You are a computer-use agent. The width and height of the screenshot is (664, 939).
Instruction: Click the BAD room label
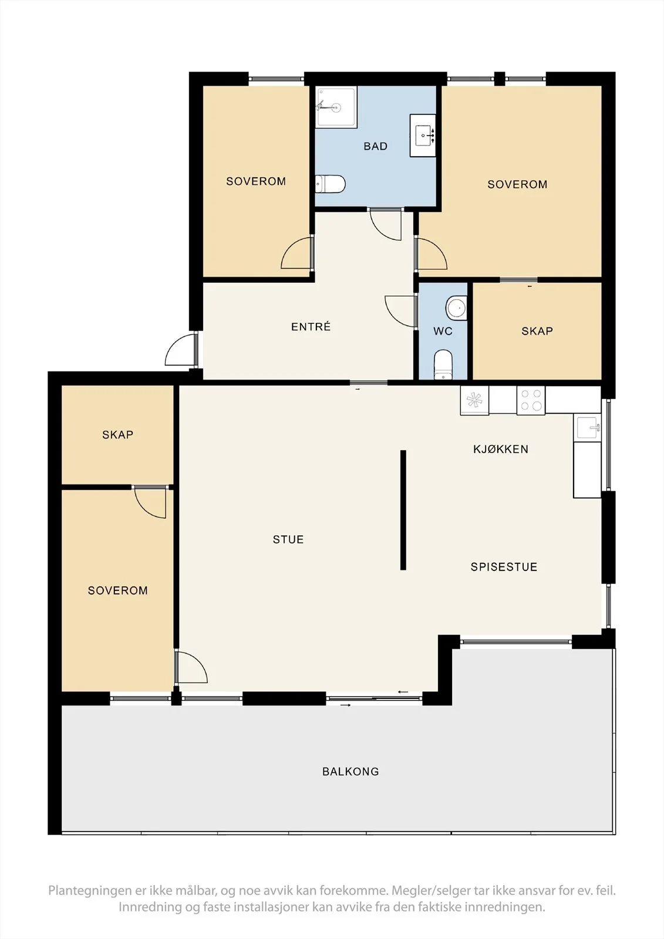click(375, 146)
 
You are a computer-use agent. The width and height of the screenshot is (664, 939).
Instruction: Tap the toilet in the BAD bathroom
click(330, 184)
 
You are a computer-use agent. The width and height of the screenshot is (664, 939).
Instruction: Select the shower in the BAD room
click(336, 107)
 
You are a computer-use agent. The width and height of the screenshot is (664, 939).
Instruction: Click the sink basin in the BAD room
click(423, 136)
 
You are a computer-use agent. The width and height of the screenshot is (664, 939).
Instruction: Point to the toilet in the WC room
click(443, 364)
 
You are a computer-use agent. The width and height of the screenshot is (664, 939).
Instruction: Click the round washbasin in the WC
click(456, 308)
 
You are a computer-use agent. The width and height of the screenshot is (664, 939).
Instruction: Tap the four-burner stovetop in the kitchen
click(531, 400)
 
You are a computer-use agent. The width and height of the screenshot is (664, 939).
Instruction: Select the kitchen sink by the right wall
click(587, 428)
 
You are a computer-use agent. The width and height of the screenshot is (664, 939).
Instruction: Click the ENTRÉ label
click(311, 326)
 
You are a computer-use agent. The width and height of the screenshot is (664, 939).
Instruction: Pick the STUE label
click(288, 539)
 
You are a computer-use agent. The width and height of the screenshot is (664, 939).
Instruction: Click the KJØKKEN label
click(501, 450)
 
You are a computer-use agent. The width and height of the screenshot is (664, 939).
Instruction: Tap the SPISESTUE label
click(504, 567)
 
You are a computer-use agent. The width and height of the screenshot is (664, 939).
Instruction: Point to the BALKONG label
click(350, 772)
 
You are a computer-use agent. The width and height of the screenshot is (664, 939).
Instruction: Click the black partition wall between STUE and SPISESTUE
click(403, 510)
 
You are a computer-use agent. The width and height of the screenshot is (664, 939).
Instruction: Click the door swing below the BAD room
click(386, 225)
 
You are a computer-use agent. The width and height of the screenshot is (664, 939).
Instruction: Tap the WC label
click(443, 332)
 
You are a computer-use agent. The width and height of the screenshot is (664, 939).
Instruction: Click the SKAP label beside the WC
click(537, 331)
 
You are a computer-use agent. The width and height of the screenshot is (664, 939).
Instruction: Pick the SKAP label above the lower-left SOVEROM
click(118, 435)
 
